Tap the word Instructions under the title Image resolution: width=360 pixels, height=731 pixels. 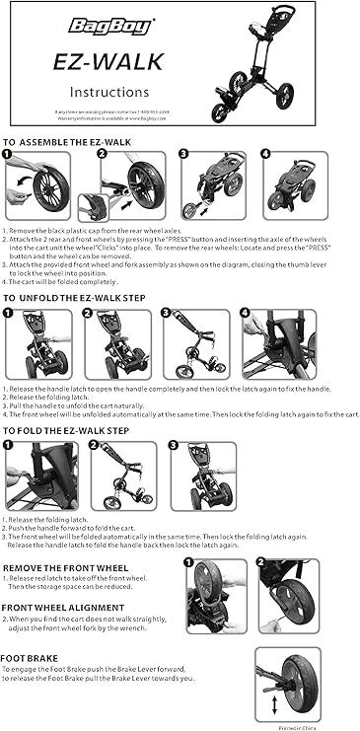coord(101,93)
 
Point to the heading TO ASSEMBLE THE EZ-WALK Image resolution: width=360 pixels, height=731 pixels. coord(67,142)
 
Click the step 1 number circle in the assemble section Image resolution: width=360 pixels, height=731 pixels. coord(9,154)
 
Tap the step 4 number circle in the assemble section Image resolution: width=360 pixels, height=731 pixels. coord(268,155)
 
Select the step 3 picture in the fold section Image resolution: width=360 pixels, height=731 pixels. coord(203,476)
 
